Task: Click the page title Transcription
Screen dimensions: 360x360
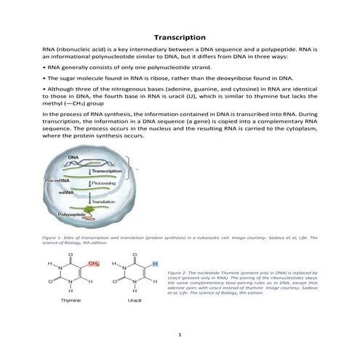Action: tap(180, 36)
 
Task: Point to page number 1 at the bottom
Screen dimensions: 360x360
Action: tap(180, 335)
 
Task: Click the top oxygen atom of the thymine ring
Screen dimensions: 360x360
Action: tap(68, 255)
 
